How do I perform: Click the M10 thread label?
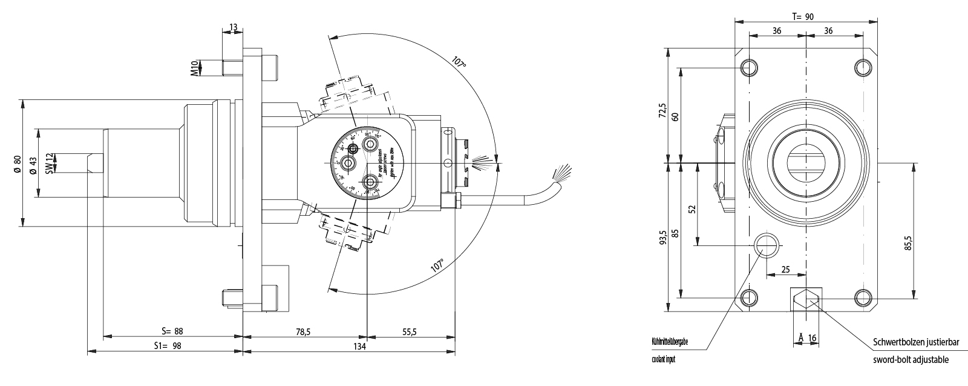(195, 67)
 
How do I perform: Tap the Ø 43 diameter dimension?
(32, 164)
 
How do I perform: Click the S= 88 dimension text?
(172, 331)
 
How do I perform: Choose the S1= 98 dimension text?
(168, 346)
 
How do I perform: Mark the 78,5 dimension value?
(304, 331)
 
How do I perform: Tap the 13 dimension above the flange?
(234, 27)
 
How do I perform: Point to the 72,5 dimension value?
(663, 112)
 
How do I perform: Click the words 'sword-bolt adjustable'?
(911, 359)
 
